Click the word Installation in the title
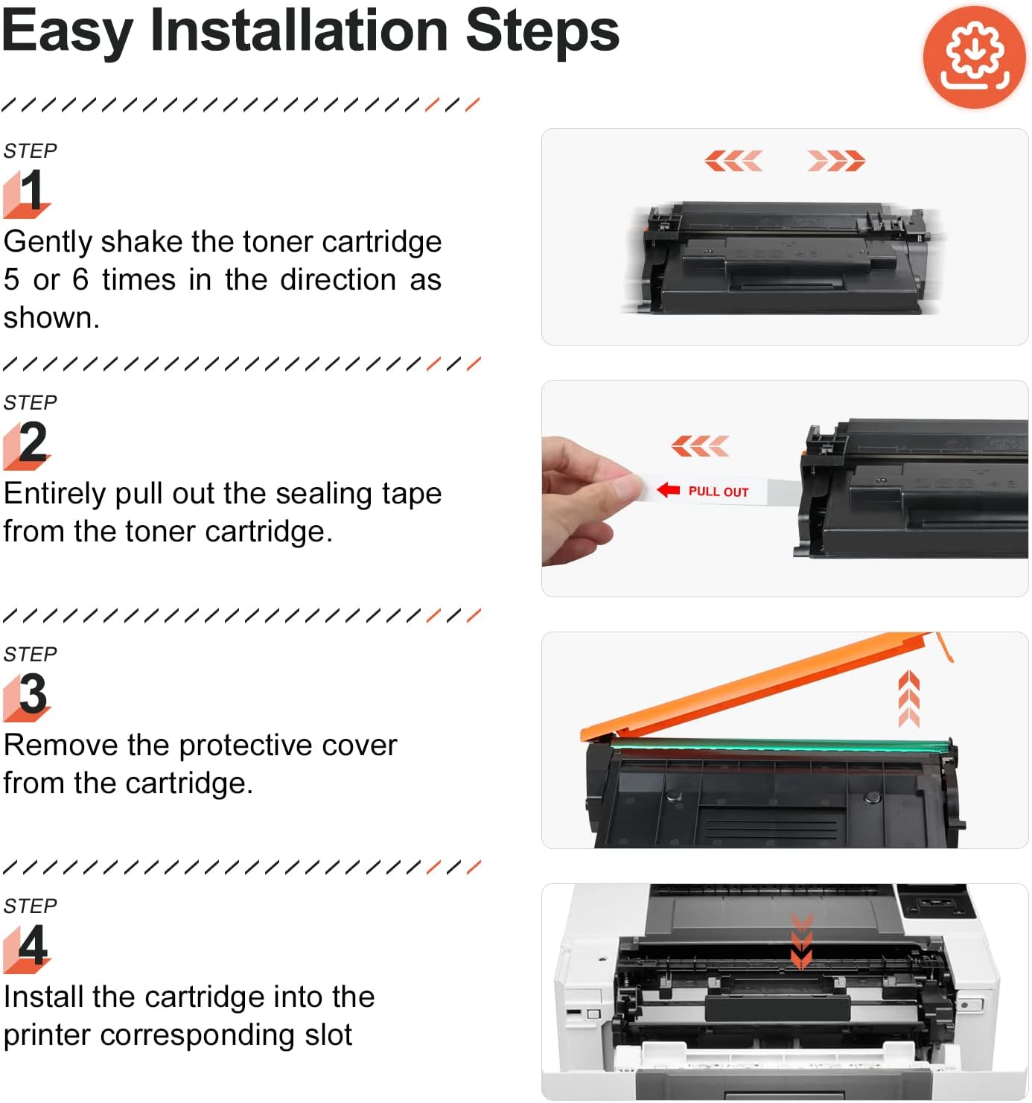coord(299,31)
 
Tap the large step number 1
coord(31,190)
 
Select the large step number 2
coord(33,442)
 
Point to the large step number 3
coord(33,693)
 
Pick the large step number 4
coord(33,944)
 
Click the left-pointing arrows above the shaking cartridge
coord(733,161)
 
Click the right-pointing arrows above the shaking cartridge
coord(836,161)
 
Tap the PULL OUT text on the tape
coord(719,492)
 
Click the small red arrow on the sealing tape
coord(668,489)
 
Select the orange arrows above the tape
coord(700,446)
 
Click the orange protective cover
coord(761,686)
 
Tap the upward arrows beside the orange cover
coord(908,699)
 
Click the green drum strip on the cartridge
coord(777,745)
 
